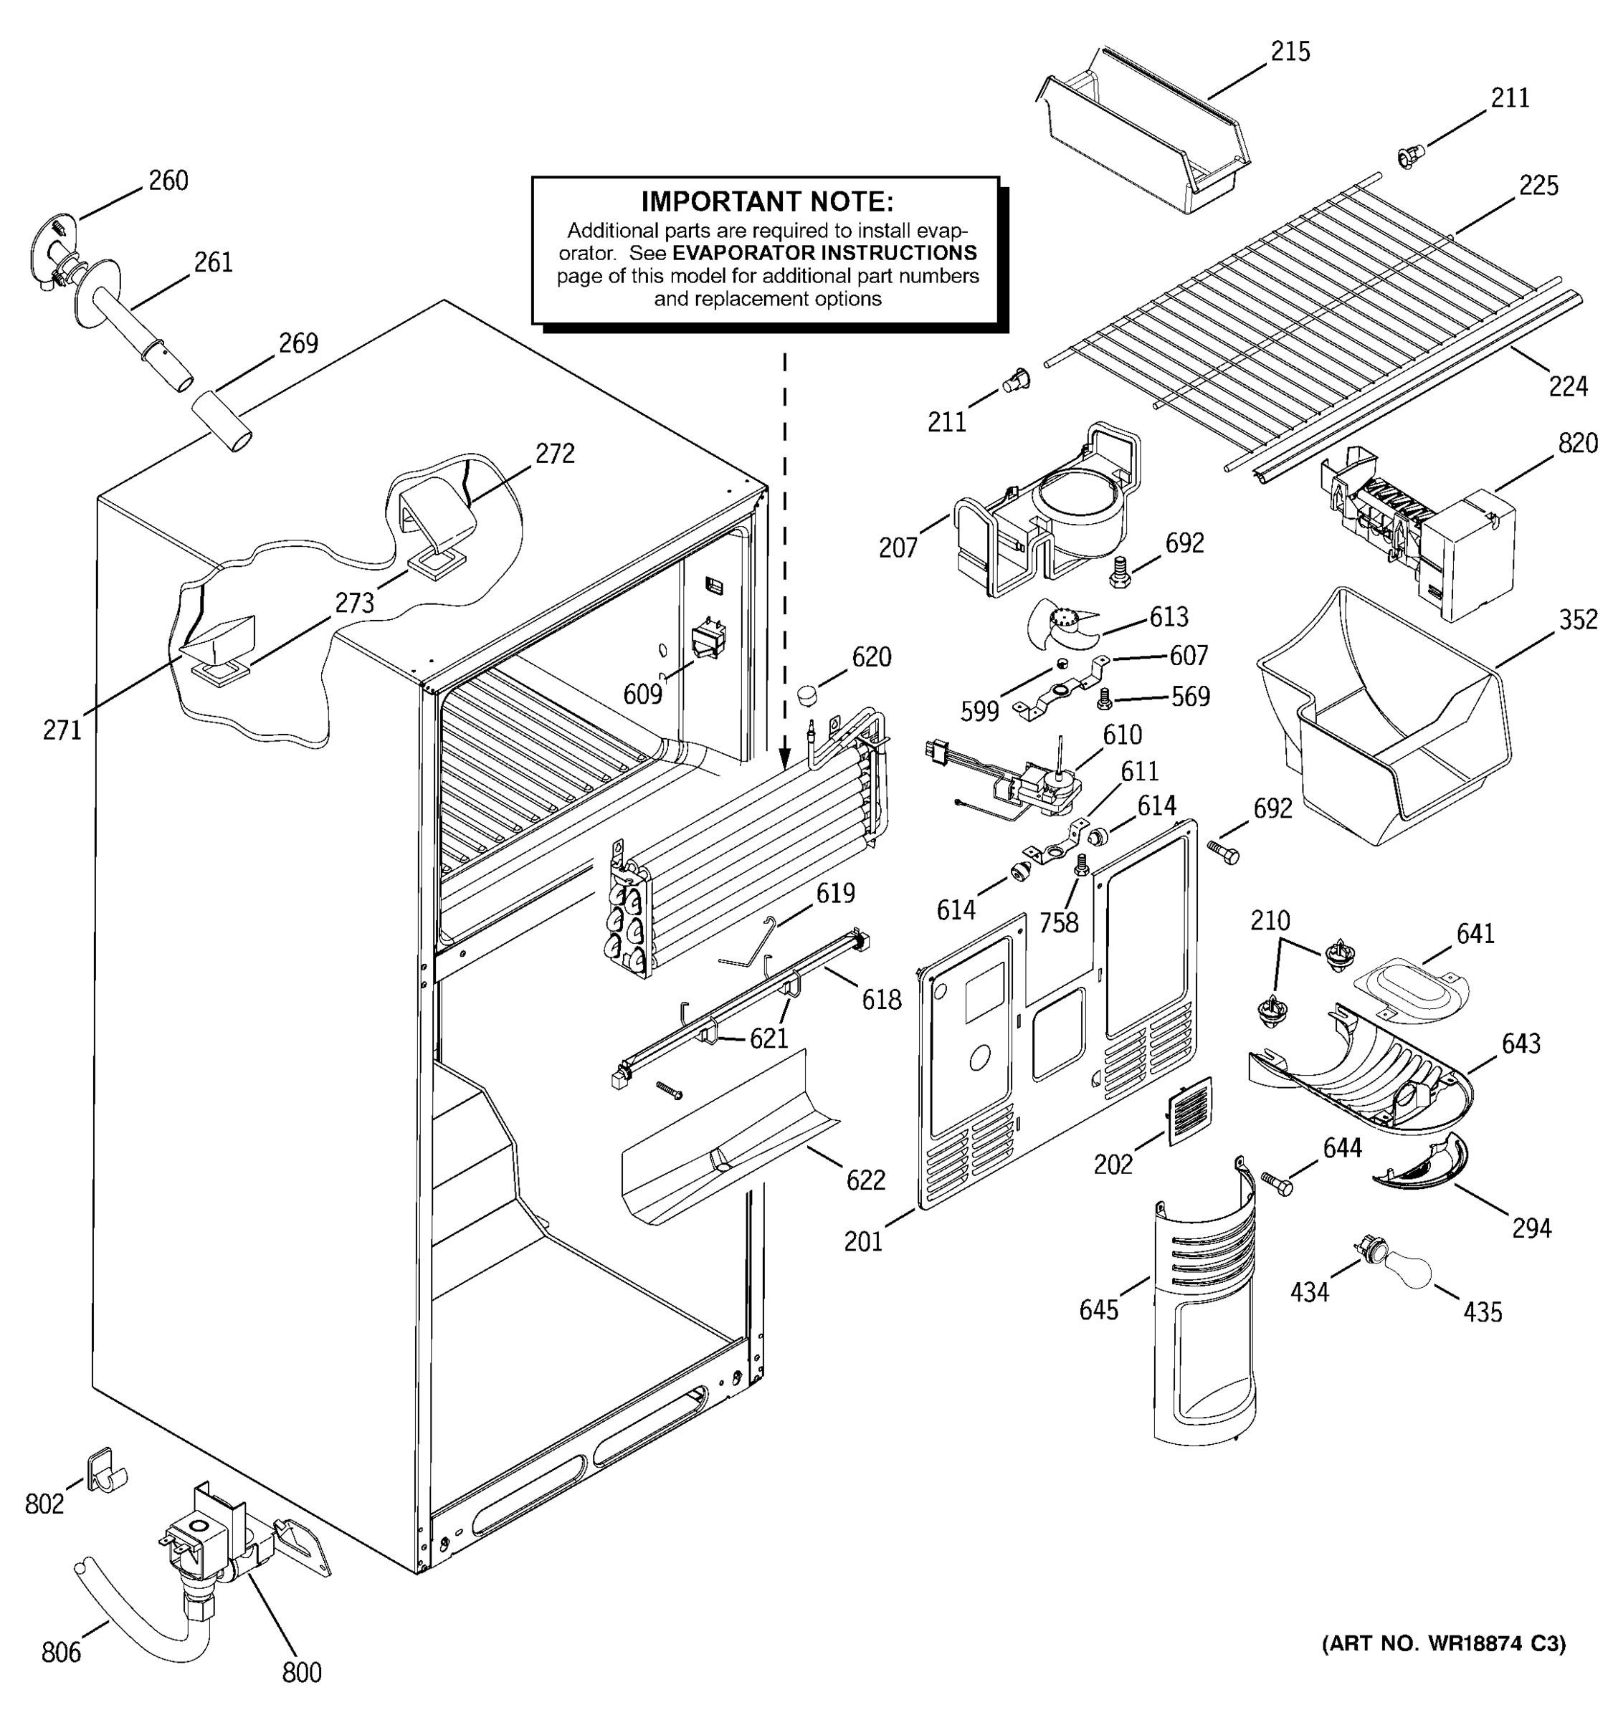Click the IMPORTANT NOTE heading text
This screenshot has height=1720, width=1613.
(766, 201)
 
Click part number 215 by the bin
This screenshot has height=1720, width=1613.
(1290, 52)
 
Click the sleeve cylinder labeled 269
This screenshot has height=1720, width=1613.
(221, 421)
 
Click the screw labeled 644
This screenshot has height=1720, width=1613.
(1277, 1182)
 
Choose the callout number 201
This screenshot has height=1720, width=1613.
(862, 1241)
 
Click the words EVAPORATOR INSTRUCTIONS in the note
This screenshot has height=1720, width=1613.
(824, 254)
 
